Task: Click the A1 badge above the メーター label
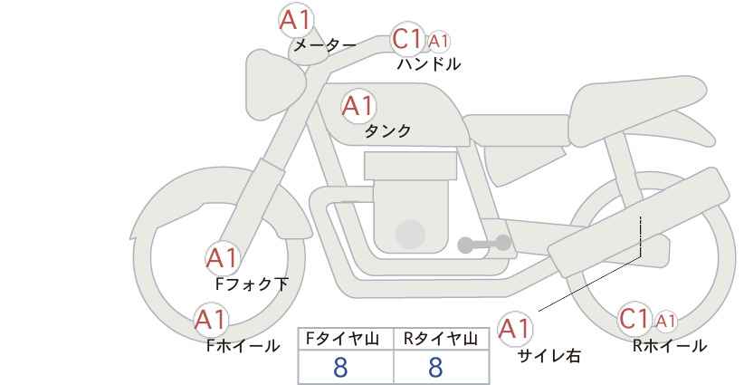click(296, 20)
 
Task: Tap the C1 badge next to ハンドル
click(407, 39)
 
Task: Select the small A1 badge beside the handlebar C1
click(438, 42)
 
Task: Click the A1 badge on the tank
click(358, 106)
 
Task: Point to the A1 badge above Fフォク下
click(222, 259)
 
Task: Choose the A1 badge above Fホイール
click(211, 320)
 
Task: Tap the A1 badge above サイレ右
click(515, 329)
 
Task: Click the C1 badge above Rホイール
click(634, 319)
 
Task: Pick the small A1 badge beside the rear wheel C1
click(666, 322)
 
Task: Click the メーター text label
click(325, 45)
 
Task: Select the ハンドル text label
click(429, 64)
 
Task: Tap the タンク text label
click(387, 131)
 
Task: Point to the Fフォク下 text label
click(252, 284)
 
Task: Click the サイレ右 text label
click(549, 356)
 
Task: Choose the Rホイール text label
click(670, 346)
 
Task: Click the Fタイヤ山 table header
click(342, 339)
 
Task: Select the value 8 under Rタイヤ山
click(435, 367)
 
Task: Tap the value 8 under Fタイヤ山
click(340, 367)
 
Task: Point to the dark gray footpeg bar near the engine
click(484, 244)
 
